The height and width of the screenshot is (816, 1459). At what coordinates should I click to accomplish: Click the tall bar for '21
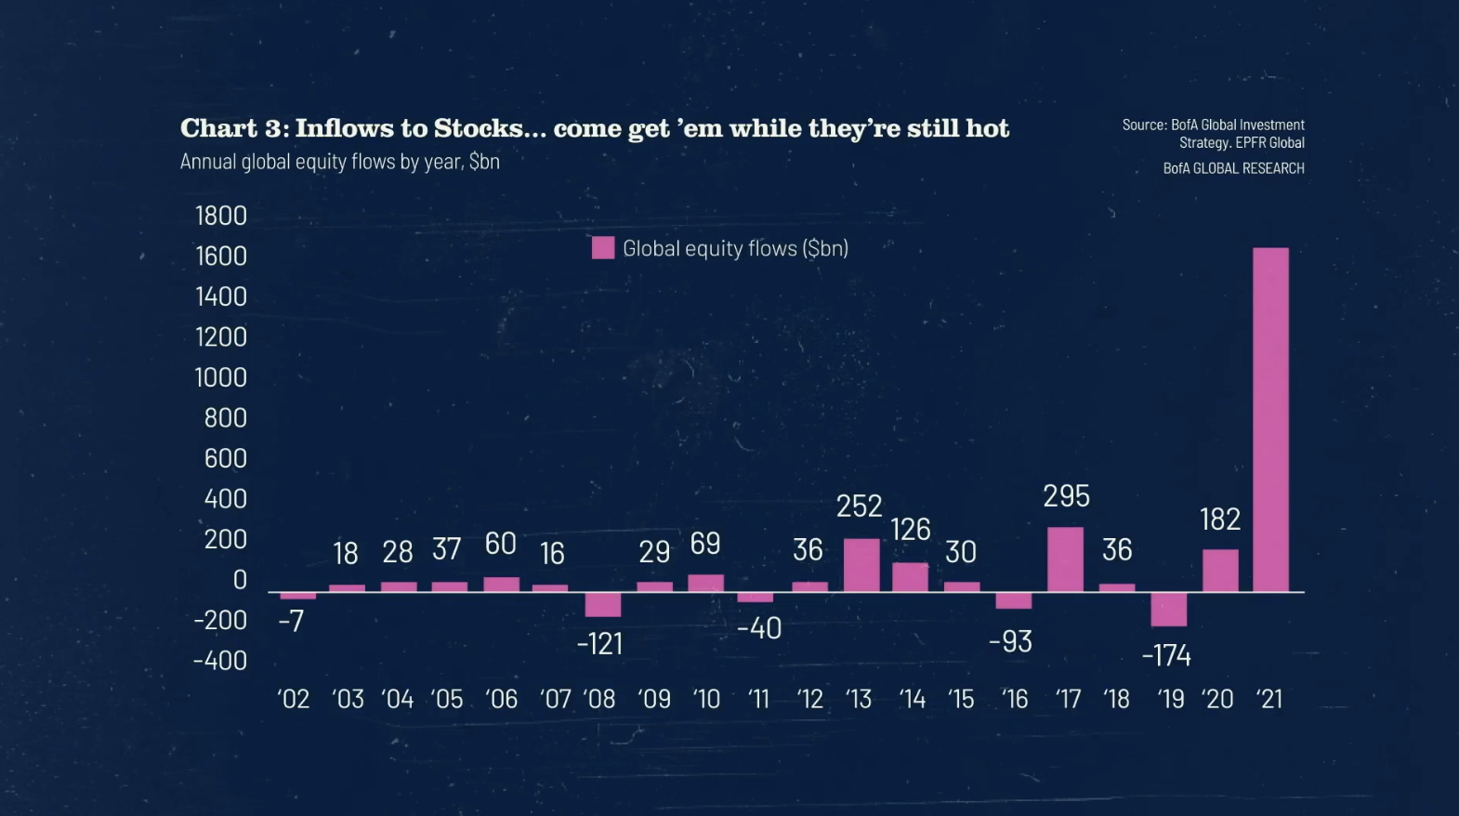point(1270,419)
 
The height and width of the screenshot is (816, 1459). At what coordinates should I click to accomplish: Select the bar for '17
point(1065,559)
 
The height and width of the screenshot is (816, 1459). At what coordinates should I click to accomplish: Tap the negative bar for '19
point(1168,609)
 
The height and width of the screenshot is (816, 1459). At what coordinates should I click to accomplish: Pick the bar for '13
point(861,565)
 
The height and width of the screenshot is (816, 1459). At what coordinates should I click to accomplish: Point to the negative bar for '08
point(603,604)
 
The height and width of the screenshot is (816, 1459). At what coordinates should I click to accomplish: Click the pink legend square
point(603,248)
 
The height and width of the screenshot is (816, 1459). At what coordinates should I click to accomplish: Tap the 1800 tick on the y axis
point(221,216)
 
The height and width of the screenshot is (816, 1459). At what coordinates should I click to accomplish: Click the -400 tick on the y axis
point(220,661)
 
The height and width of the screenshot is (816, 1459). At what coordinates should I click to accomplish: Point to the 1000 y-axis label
point(221,377)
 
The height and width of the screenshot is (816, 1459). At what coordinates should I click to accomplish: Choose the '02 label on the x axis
point(294,699)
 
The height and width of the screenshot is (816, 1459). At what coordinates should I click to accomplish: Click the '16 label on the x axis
point(1015,699)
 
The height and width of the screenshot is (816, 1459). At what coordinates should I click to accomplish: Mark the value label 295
point(1066,496)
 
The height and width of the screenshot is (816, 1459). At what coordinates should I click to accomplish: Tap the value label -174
point(1166,656)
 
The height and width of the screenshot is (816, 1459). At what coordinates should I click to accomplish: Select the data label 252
point(859,506)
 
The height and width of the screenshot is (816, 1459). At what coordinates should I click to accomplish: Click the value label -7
point(291,621)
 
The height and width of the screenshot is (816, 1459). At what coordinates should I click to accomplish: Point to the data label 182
point(1220,519)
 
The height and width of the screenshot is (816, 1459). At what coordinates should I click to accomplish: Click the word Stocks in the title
point(479,128)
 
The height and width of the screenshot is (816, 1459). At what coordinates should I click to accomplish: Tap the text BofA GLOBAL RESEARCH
point(1233,168)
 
